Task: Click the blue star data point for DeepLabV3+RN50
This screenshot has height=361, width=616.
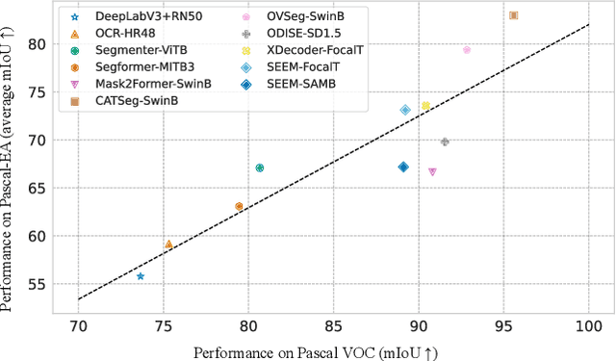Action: (141, 276)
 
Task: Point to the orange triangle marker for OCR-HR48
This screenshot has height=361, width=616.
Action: (168, 245)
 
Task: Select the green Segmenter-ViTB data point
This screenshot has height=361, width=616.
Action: (259, 168)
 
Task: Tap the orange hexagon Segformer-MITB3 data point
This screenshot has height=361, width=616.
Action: (239, 206)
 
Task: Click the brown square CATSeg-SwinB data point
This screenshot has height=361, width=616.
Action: (514, 15)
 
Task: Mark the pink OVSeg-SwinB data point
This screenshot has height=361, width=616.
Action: (467, 50)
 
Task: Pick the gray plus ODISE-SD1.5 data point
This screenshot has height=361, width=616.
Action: (445, 142)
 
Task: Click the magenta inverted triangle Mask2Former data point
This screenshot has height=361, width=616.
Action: (432, 171)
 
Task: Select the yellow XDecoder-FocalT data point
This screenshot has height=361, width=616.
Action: (425, 106)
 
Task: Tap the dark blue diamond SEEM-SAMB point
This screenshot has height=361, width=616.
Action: (403, 167)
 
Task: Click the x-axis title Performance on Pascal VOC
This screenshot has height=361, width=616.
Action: (316, 351)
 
